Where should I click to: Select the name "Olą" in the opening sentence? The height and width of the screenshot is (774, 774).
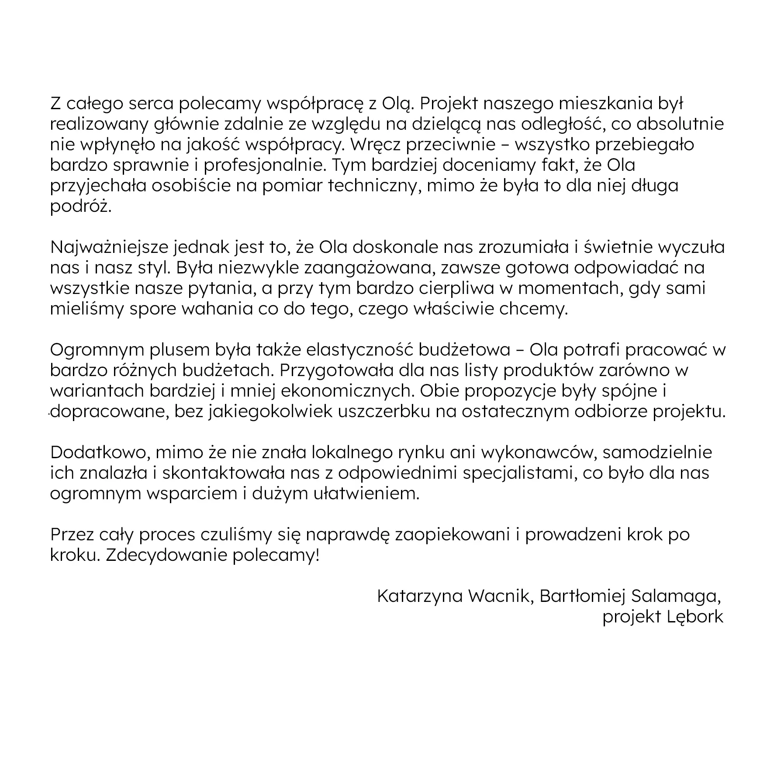coord(397,105)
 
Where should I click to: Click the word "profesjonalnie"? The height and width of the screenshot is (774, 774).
coord(263,166)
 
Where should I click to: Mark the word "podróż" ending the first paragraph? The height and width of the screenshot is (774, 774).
coord(81,206)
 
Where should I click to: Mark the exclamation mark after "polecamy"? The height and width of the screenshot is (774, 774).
coord(318,555)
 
